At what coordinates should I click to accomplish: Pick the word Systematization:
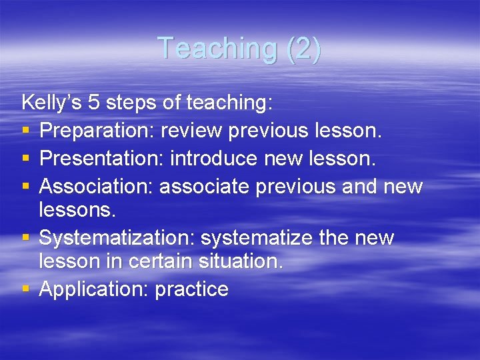[117, 237]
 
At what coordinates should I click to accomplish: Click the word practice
[192, 289]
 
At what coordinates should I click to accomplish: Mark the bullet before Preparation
[25, 131]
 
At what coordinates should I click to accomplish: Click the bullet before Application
[25, 290]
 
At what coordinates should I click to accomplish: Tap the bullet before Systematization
[25, 238]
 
